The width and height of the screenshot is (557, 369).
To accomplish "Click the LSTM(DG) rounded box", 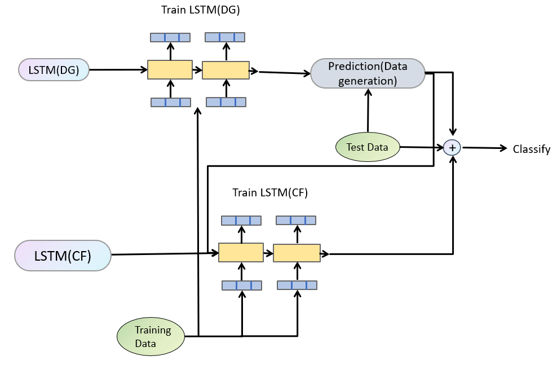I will tap(54, 70).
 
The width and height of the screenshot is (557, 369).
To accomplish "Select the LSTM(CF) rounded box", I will tap(63, 256).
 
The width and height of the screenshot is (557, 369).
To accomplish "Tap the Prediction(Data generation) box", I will tap(368, 73).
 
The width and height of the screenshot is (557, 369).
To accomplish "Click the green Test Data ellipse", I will tap(367, 147).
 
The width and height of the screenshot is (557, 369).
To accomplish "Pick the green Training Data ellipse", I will tap(152, 336).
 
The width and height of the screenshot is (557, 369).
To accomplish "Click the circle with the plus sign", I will tap(452, 147).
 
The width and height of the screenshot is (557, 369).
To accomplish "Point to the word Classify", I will tap(531, 149).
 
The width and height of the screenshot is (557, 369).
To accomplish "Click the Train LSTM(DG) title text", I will tap(200, 10).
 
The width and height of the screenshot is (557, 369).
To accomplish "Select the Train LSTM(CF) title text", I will tap(269, 192).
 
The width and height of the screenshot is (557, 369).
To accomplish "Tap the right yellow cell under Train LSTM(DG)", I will tap(226, 70).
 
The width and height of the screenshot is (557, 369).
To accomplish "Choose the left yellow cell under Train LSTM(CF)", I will tap(241, 252).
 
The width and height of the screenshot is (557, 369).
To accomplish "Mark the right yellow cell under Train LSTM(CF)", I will tap(297, 253).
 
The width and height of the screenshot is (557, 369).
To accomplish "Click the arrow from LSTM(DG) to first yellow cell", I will tap(118, 70).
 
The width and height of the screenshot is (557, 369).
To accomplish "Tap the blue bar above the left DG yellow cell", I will tap(170, 37).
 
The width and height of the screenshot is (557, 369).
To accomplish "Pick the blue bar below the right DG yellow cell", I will tap(226, 102).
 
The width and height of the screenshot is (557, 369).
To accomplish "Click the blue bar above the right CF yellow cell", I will tap(297, 220).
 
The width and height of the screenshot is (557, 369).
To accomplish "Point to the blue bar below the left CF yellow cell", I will tap(241, 285).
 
